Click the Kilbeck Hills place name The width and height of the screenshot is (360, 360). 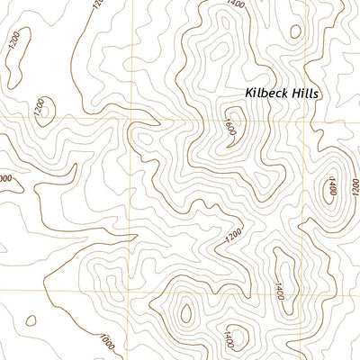[x=282, y=93]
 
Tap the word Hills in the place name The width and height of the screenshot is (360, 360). [x=305, y=93]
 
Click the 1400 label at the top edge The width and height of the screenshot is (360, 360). [x=236, y=4]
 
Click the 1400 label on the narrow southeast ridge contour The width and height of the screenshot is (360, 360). [x=280, y=291]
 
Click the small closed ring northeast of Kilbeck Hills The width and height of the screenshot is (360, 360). [x=294, y=31]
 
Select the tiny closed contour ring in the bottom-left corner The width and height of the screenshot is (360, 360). [x=31, y=319]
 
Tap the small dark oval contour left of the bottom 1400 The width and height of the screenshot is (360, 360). [x=186, y=314]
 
